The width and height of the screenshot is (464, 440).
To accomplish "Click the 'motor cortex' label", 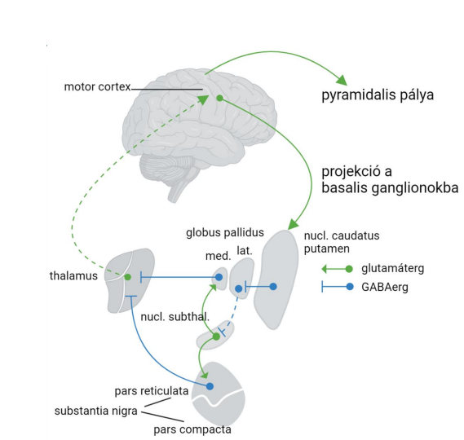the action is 97,86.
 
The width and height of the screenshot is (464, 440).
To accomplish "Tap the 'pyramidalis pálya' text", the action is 378,95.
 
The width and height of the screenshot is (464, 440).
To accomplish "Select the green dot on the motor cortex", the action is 219,98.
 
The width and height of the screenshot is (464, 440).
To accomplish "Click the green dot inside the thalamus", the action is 127,277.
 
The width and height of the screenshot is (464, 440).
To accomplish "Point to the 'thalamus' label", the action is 73,276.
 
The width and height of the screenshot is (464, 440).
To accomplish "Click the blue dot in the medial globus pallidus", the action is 219,277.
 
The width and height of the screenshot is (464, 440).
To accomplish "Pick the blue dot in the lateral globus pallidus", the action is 238,288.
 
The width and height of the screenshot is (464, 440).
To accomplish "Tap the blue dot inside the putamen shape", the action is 273,287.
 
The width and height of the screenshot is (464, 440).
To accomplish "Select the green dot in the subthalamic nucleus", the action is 216,337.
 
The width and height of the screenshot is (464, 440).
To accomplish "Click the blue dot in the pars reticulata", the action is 210,386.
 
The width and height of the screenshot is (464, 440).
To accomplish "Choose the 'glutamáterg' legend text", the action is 393,269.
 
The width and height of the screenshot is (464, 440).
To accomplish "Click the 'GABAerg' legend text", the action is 385,287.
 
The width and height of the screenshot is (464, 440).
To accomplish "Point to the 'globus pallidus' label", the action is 225,233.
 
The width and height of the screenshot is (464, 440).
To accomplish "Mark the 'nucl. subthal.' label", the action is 175,317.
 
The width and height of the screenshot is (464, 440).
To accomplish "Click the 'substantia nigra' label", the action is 96,411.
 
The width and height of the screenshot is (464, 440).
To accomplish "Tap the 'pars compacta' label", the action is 192,429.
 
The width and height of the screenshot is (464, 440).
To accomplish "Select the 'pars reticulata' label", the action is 152,391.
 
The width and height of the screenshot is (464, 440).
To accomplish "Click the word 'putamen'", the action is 327,249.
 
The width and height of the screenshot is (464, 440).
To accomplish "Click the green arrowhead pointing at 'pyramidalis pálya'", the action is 342,81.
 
